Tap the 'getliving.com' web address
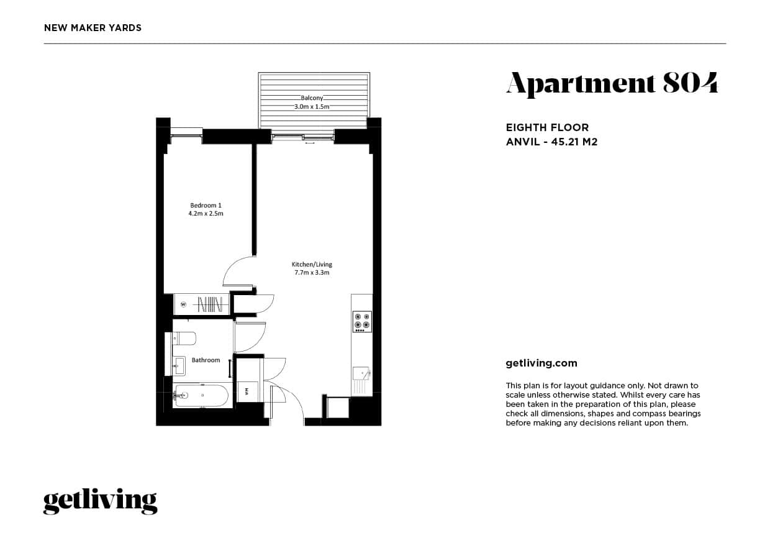tap(541, 363)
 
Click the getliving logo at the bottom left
tap(100, 501)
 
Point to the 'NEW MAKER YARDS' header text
tap(93, 28)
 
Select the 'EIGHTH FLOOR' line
tap(547, 128)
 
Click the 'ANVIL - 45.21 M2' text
tap(551, 142)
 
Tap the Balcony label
tap(312, 98)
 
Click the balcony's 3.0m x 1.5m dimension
tap(312, 107)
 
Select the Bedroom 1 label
tap(206, 206)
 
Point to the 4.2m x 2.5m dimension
tap(206, 214)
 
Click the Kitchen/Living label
tap(312, 264)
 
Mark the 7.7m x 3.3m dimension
tap(312, 272)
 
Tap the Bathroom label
tap(206, 360)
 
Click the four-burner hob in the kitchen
tap(362, 321)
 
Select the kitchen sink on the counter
tap(361, 373)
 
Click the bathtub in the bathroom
tap(202, 395)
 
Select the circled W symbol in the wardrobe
tap(184, 304)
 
